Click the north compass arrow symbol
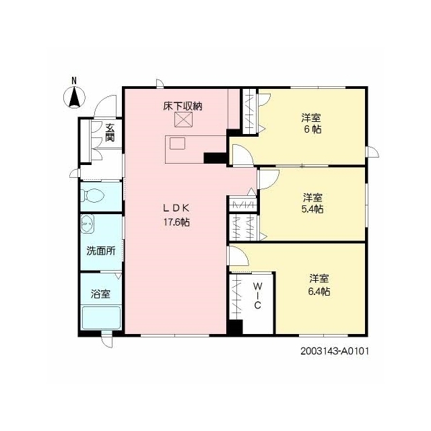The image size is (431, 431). click(x=74, y=97)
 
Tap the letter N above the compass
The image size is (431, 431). click(x=74, y=81)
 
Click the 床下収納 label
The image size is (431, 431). click(x=183, y=106)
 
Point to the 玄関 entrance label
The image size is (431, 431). click(x=110, y=132)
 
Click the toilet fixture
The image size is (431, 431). click(x=94, y=195)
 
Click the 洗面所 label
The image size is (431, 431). click(x=101, y=251)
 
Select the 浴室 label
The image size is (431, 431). click(x=100, y=294)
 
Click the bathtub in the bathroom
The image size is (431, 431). click(x=102, y=318)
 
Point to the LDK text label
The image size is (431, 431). click(x=176, y=208)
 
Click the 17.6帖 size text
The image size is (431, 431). click(x=176, y=222)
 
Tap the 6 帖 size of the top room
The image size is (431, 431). click(x=312, y=129)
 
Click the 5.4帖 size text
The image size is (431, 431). click(x=312, y=209)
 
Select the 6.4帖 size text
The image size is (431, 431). click(x=319, y=291)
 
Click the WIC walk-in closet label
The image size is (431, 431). click(x=257, y=296)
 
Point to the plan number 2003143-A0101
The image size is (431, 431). click(x=334, y=351)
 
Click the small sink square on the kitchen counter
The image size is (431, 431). click(x=177, y=143)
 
